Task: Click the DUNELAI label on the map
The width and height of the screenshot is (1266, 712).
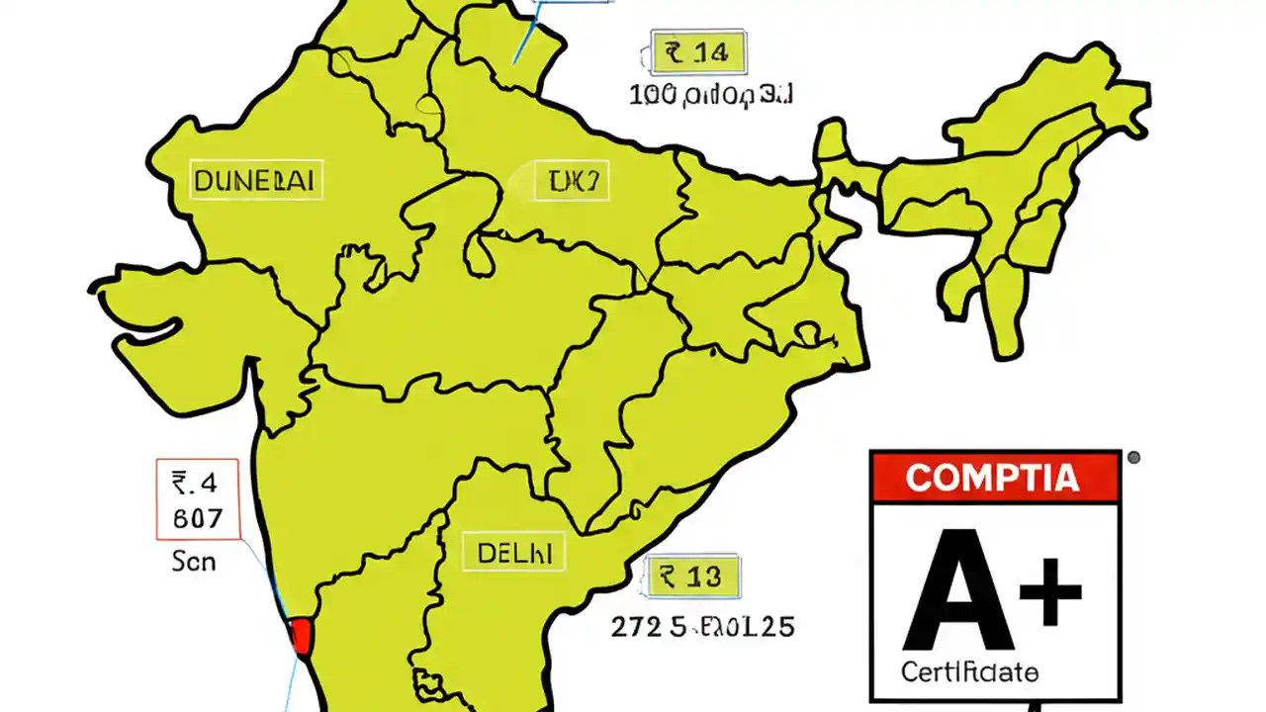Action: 256,181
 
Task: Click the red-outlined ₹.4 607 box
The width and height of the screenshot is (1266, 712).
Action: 198,499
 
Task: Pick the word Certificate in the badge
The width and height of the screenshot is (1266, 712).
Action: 969,673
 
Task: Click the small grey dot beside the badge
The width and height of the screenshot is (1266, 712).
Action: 1133,458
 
